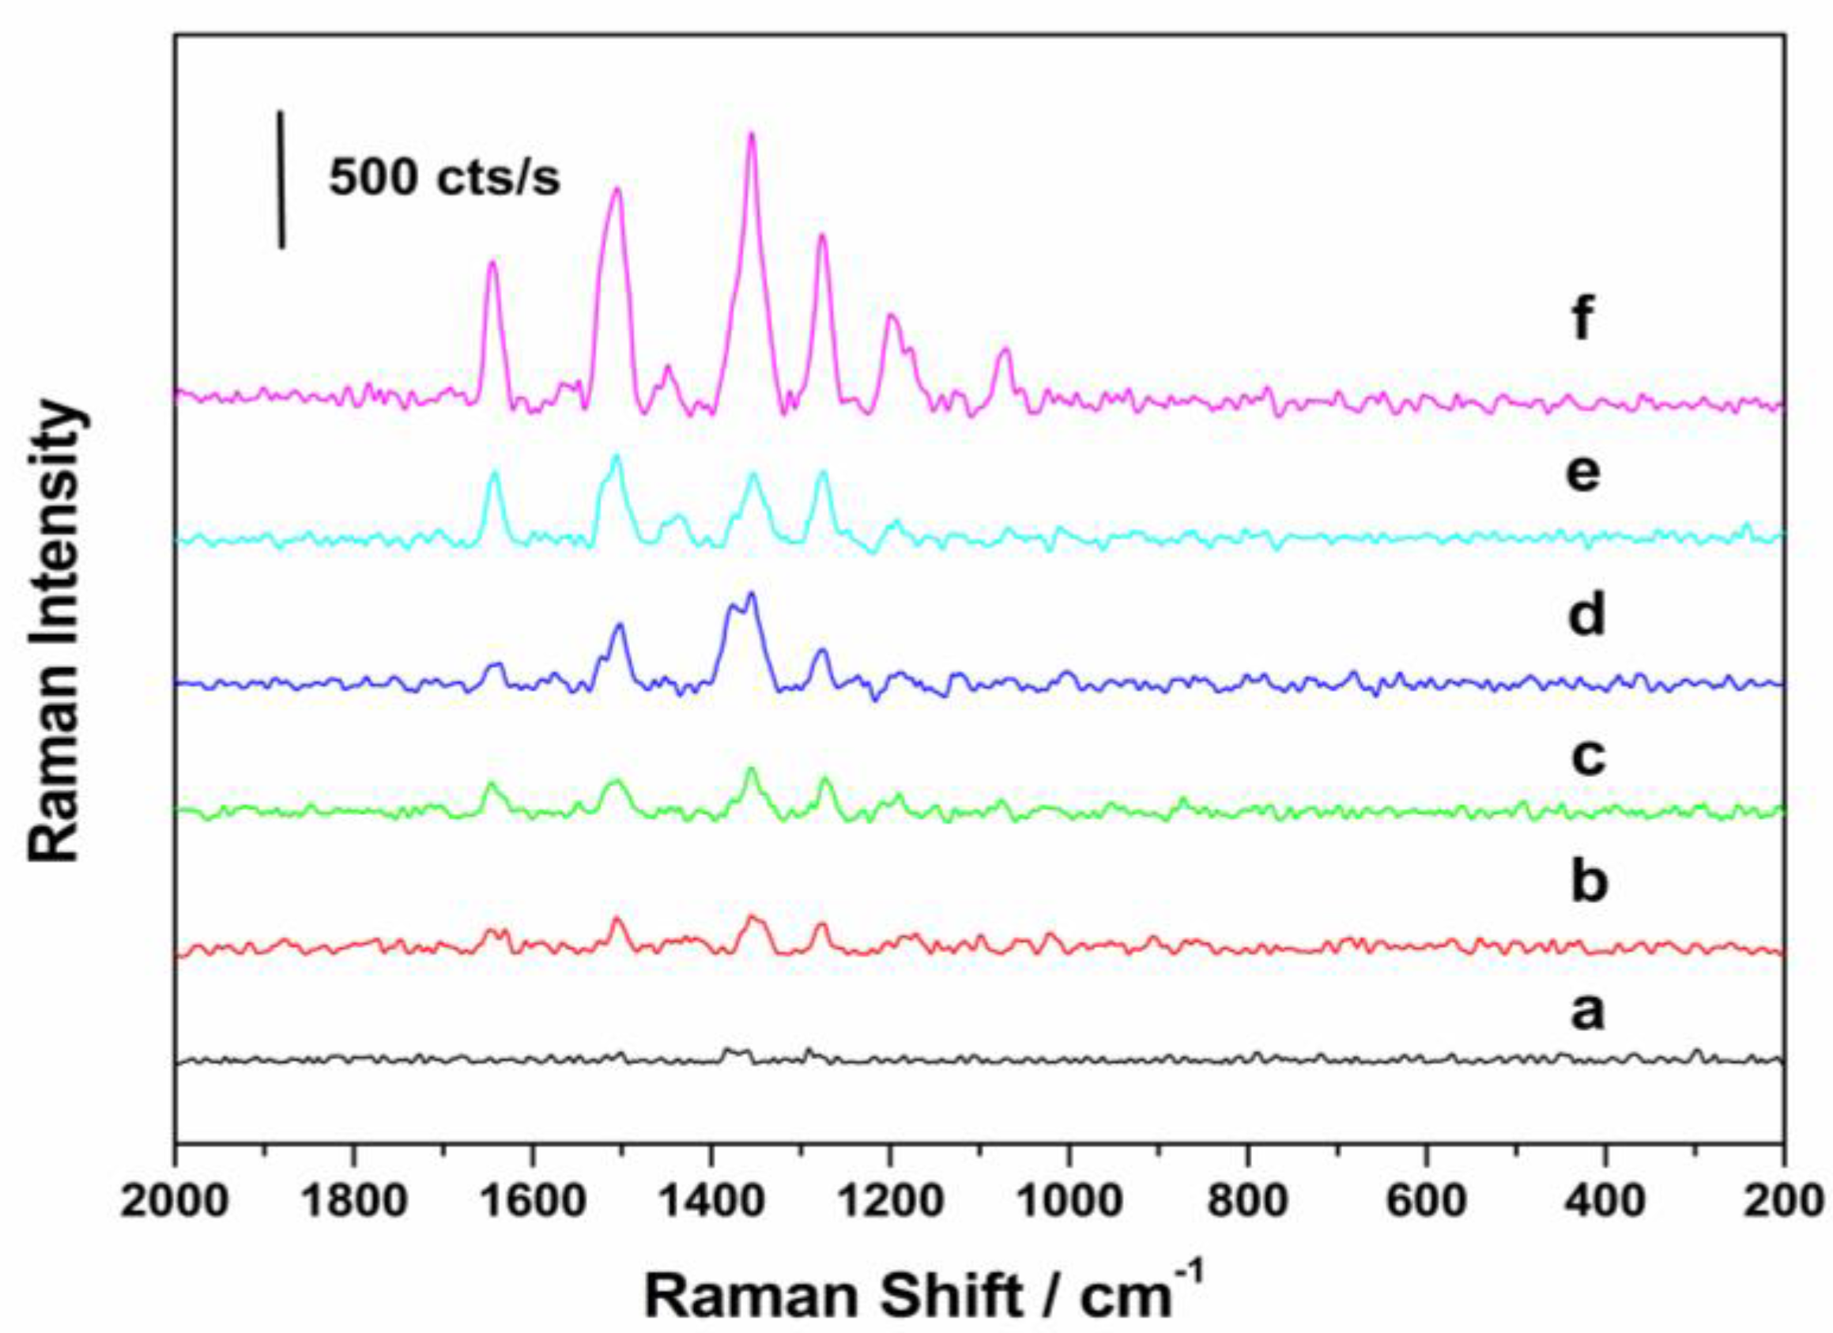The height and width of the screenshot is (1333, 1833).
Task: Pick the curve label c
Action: [1586, 757]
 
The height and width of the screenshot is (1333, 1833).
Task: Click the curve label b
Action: [1586, 883]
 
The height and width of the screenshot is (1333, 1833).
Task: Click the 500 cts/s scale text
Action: [443, 178]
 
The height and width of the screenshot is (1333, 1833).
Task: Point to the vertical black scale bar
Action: [281, 179]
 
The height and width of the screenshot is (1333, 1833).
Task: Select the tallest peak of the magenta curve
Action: [752, 135]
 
